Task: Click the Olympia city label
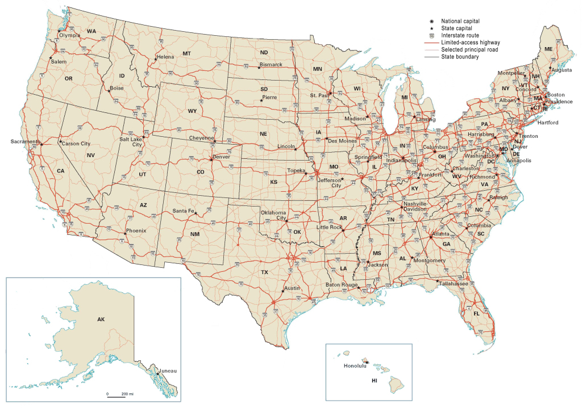point(69,35)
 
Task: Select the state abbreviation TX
point(264,272)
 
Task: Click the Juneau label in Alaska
point(169,371)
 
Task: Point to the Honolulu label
point(356,365)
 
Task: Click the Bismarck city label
point(271,65)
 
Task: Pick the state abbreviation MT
point(186,53)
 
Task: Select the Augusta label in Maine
point(561,70)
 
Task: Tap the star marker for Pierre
point(261,100)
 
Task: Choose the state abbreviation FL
point(477,313)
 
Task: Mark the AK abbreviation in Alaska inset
point(101,319)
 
